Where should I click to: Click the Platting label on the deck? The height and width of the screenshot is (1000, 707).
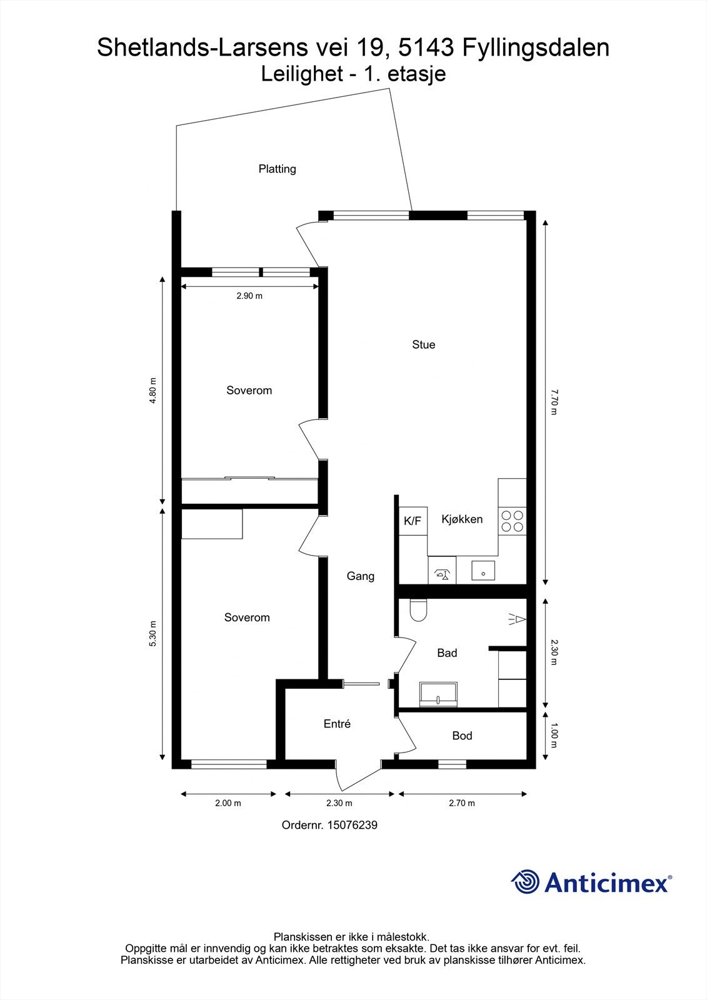coord(277,169)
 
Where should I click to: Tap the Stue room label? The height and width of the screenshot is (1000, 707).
coord(423,344)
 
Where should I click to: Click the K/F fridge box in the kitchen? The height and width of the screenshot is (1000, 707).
coord(413,521)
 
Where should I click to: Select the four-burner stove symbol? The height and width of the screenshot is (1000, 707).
coord(512,521)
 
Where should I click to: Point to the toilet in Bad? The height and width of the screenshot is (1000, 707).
coord(418,611)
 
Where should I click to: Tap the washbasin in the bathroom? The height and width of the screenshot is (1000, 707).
coord(439,694)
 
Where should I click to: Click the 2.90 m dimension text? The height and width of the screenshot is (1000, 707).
coord(249,296)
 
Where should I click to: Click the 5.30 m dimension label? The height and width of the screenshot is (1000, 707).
coord(152,634)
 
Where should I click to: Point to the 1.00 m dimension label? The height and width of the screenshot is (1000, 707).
coord(553,736)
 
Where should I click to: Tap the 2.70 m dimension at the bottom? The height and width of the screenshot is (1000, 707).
coord(462,803)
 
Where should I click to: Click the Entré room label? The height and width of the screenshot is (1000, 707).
coord(337,724)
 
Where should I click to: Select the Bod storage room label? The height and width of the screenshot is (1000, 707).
coord(462,736)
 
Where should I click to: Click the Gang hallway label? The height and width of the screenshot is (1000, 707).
coord(361,576)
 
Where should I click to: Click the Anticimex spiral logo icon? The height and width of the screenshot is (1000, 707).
coord(525,882)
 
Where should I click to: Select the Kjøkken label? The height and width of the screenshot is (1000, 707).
coord(462,519)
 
